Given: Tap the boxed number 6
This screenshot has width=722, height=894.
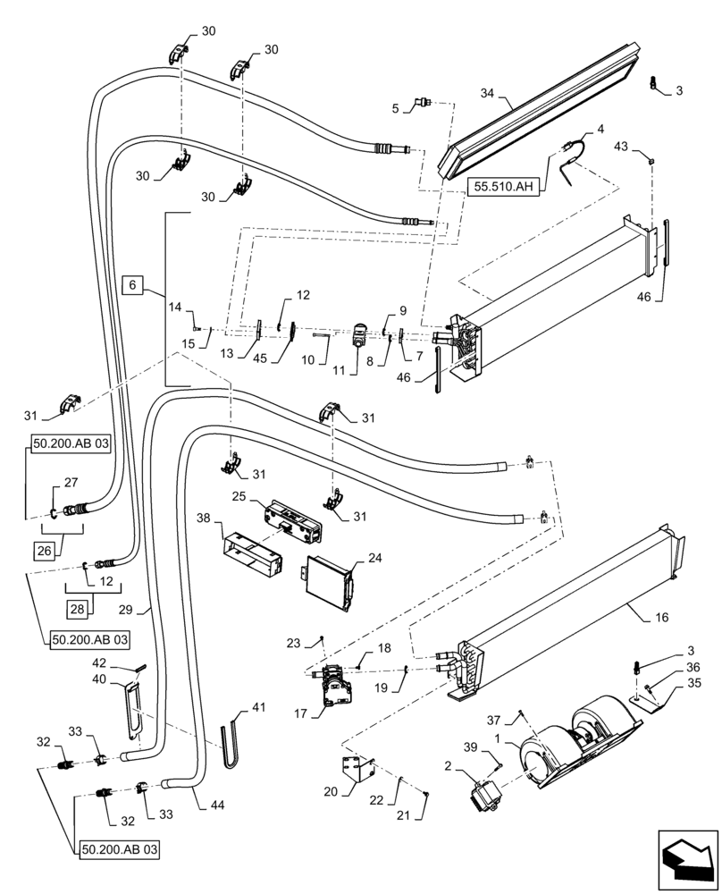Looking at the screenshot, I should tap(131, 285).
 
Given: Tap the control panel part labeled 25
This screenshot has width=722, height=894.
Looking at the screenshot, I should tap(291, 519).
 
